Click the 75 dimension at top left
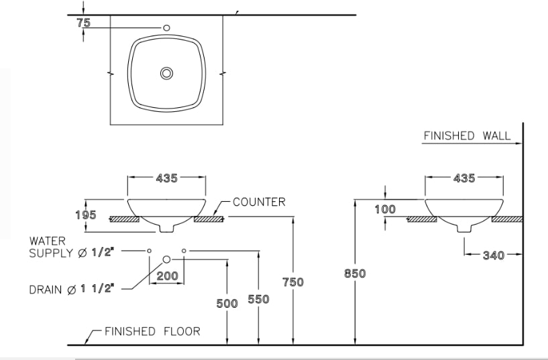[x=84, y=22]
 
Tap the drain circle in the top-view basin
[x=166, y=73]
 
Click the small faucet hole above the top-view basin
[x=166, y=27]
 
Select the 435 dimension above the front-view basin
[x=166, y=178]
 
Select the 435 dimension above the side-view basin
[x=464, y=178]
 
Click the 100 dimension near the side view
[x=385, y=209]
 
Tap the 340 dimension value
[x=494, y=255]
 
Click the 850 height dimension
[x=354, y=274]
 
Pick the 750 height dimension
[x=292, y=282]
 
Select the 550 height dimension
[x=258, y=299]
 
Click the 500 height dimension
[x=227, y=303]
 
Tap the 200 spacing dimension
[x=167, y=276]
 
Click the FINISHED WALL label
[x=466, y=136]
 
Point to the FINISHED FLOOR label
[x=152, y=331]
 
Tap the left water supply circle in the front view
[x=149, y=250]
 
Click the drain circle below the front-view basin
[x=166, y=259]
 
